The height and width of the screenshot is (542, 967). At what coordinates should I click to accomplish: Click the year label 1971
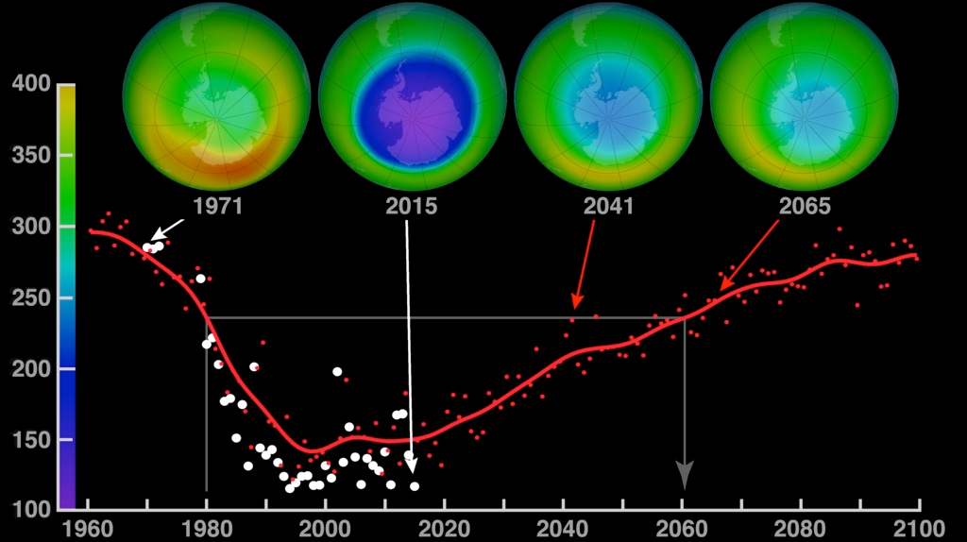[x=216, y=206]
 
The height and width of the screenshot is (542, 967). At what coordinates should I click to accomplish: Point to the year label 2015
[x=411, y=206]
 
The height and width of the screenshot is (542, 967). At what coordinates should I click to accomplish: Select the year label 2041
[x=606, y=206]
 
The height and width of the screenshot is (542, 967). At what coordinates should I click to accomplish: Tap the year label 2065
[x=802, y=206]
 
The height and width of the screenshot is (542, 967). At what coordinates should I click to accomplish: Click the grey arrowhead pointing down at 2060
[x=685, y=475]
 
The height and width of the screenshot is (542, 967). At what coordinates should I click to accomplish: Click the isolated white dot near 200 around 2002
[x=337, y=371]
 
